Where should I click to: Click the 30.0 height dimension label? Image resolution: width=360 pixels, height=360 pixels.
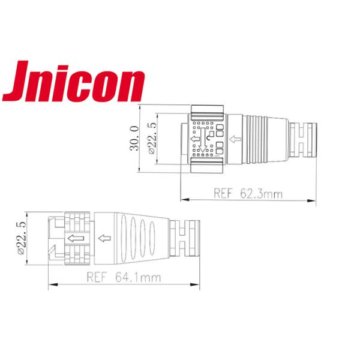134,139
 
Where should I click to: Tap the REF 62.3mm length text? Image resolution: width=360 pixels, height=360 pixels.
248,193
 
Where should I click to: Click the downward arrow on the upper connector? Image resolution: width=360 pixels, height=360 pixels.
205,142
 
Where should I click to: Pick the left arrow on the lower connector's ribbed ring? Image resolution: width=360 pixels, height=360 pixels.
74,239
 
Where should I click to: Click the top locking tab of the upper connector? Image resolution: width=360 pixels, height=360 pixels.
208,110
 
